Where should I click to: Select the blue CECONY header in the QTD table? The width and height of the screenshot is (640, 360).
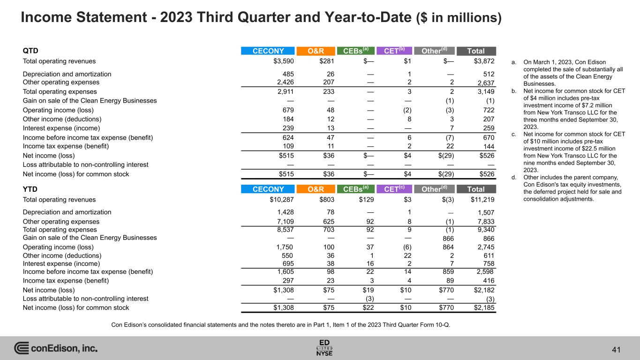268,51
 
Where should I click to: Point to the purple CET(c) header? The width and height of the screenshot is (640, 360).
394,189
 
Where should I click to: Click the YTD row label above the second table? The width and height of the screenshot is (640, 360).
30,189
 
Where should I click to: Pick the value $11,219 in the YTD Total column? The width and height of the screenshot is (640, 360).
482,199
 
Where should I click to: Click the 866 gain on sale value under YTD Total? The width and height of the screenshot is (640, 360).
489,238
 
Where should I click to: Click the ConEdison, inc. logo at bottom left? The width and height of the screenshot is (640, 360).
56,348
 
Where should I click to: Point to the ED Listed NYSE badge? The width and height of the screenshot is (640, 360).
325,347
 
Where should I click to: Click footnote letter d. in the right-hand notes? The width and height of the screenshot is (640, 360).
513,177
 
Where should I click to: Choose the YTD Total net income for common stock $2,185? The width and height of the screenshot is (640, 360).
482,308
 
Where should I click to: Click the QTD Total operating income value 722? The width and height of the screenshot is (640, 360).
489,110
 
